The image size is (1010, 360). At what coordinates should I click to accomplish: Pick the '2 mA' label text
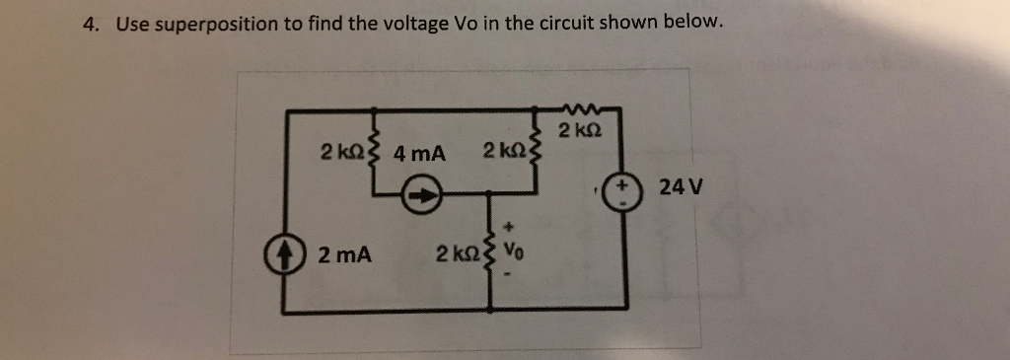click(x=345, y=255)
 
